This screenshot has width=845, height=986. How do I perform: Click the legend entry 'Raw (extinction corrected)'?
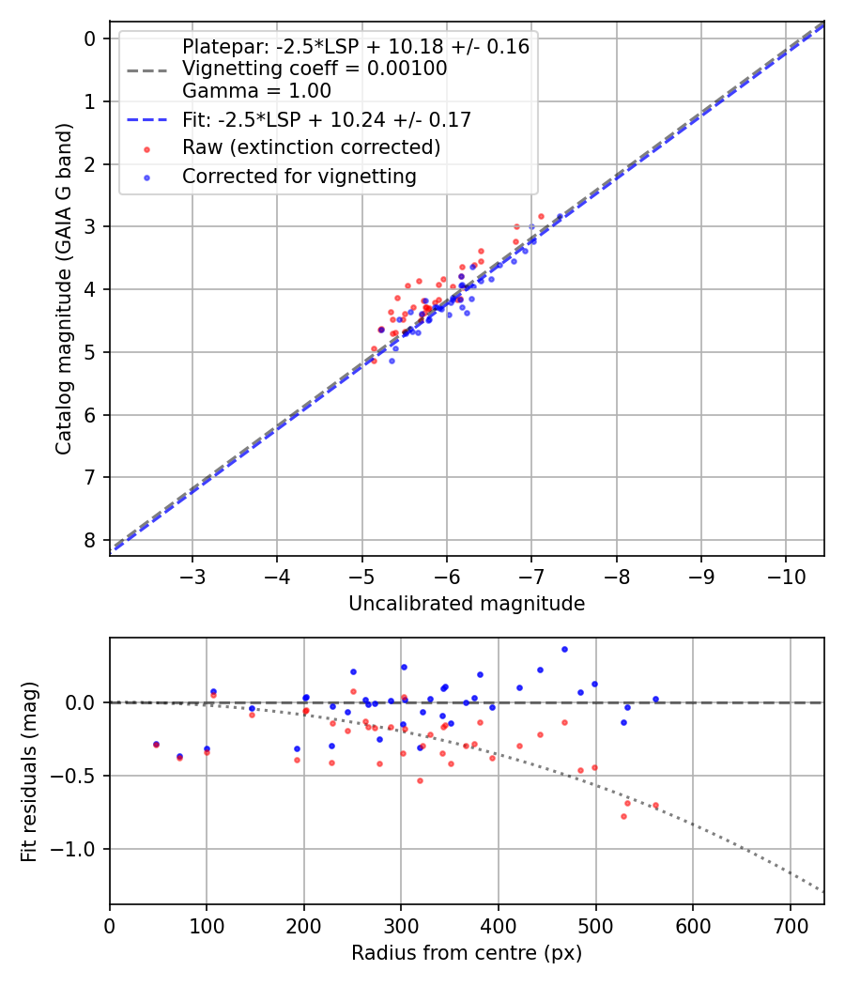tap(311, 147)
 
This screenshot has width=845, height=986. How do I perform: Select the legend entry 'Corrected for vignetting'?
tap(299, 176)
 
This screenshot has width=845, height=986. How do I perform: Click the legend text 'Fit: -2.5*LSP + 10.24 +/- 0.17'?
tap(327, 119)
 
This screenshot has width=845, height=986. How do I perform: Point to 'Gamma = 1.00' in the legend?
tap(256, 91)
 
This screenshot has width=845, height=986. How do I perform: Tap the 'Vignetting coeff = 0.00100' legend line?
tap(315, 69)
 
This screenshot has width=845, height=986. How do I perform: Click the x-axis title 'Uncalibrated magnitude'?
tap(467, 604)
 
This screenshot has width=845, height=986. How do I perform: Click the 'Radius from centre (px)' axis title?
tap(467, 953)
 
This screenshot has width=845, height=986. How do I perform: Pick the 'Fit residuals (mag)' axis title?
tap(29, 771)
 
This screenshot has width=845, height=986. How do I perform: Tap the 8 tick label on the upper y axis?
tap(90, 540)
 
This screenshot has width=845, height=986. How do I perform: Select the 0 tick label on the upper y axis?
tap(90, 39)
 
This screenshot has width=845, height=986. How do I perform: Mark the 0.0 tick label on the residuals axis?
tap(82, 702)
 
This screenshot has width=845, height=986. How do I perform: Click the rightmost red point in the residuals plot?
tap(655, 805)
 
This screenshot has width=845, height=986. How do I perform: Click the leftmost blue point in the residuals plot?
tap(156, 744)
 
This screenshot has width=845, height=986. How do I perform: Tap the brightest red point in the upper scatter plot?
tap(541, 216)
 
